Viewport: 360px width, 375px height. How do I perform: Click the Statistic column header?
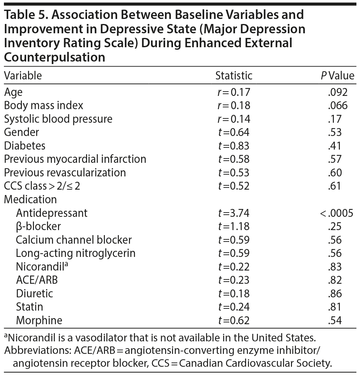[x=234, y=76]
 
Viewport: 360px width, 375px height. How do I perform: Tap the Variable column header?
[x=23, y=76]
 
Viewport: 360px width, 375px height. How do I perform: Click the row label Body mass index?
[x=43, y=106]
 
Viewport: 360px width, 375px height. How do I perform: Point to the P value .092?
[x=337, y=92]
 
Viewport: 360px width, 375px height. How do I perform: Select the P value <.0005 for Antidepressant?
[x=336, y=213]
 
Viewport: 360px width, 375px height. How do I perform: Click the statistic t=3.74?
[x=234, y=213]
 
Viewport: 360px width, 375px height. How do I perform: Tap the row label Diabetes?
[x=25, y=146]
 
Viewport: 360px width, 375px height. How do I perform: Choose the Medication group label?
[x=30, y=199]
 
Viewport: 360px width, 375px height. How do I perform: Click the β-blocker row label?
[x=38, y=227]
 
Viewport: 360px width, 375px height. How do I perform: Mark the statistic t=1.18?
[x=234, y=227]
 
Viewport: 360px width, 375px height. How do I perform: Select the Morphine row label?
[x=39, y=320]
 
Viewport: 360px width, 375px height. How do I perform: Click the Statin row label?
[x=29, y=307]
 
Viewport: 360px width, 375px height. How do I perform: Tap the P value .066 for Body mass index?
[x=337, y=106]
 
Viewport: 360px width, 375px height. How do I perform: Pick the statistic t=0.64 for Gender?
[x=234, y=132]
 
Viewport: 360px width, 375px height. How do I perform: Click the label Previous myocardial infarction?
[x=75, y=159]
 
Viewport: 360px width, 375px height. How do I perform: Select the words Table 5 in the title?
[x=25, y=15]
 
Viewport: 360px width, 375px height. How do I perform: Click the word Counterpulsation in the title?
[x=54, y=57]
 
